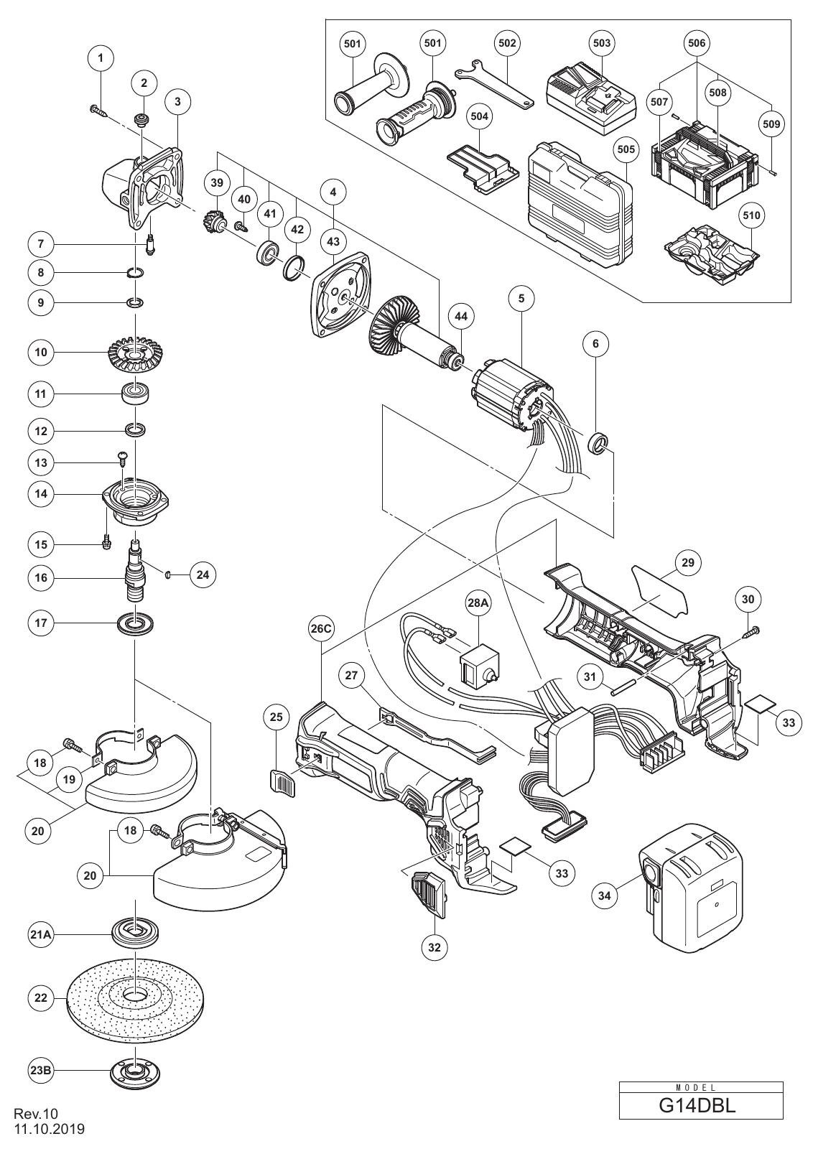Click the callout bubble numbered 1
[101, 58]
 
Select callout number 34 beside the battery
[605, 911]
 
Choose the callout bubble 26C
[322, 629]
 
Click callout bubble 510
[751, 215]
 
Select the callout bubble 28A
[478, 603]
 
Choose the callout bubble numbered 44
[461, 317]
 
